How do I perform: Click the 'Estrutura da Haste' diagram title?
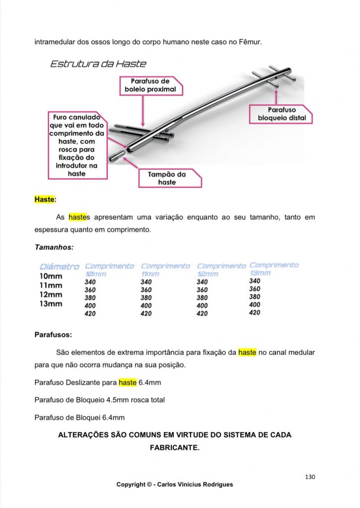pos(98,64)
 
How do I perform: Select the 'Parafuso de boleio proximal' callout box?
pos(151,85)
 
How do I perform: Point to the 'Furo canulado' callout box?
pos(76,145)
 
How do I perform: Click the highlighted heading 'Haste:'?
pos(45,199)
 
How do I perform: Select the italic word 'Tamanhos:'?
pos(54,247)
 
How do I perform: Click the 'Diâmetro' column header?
pos(59,267)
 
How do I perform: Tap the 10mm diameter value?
pos(51,276)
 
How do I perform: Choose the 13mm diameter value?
pos(51,304)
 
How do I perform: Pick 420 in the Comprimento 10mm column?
pos(90,314)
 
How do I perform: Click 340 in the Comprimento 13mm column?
pos(254,281)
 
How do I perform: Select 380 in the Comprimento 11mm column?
pos(146,298)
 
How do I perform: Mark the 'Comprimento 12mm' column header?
pos(221,269)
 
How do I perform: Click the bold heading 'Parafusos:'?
pos(54,334)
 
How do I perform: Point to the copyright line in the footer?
pos(174,485)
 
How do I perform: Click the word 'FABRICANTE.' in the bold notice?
pos(174,447)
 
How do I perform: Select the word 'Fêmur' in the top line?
pos(249,41)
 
